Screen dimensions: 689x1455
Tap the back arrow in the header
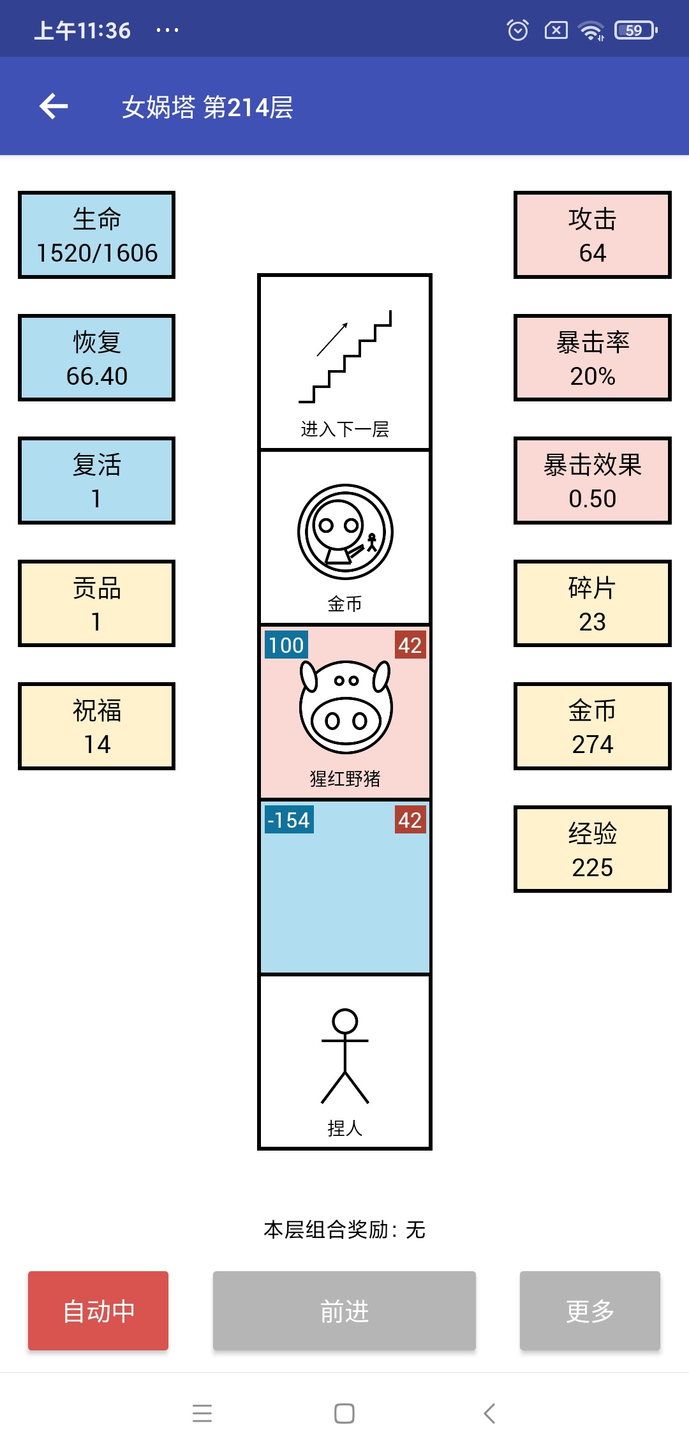[x=54, y=106]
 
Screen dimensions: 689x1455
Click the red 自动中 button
[x=98, y=1311]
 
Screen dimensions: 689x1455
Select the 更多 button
[x=590, y=1311]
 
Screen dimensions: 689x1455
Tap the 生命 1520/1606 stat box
[x=96, y=235]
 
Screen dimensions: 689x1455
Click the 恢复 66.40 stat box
[x=96, y=358]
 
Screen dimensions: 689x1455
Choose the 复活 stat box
[x=96, y=481]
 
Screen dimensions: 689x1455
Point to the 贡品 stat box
[x=96, y=604]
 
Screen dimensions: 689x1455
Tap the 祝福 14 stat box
[x=96, y=726]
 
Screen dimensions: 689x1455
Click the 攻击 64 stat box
[x=593, y=235]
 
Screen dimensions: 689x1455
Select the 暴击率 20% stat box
[x=593, y=358]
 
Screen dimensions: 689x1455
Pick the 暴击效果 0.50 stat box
[x=593, y=481]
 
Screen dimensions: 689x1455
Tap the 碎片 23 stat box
[x=593, y=604]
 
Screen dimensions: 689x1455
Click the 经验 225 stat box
[x=593, y=849]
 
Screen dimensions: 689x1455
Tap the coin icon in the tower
[x=345, y=532]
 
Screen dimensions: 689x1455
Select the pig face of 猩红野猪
[x=345, y=706]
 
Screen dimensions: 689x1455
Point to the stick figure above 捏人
[x=345, y=1056]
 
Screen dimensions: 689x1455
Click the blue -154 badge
[x=289, y=820]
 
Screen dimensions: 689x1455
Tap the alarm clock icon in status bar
[x=518, y=30]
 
